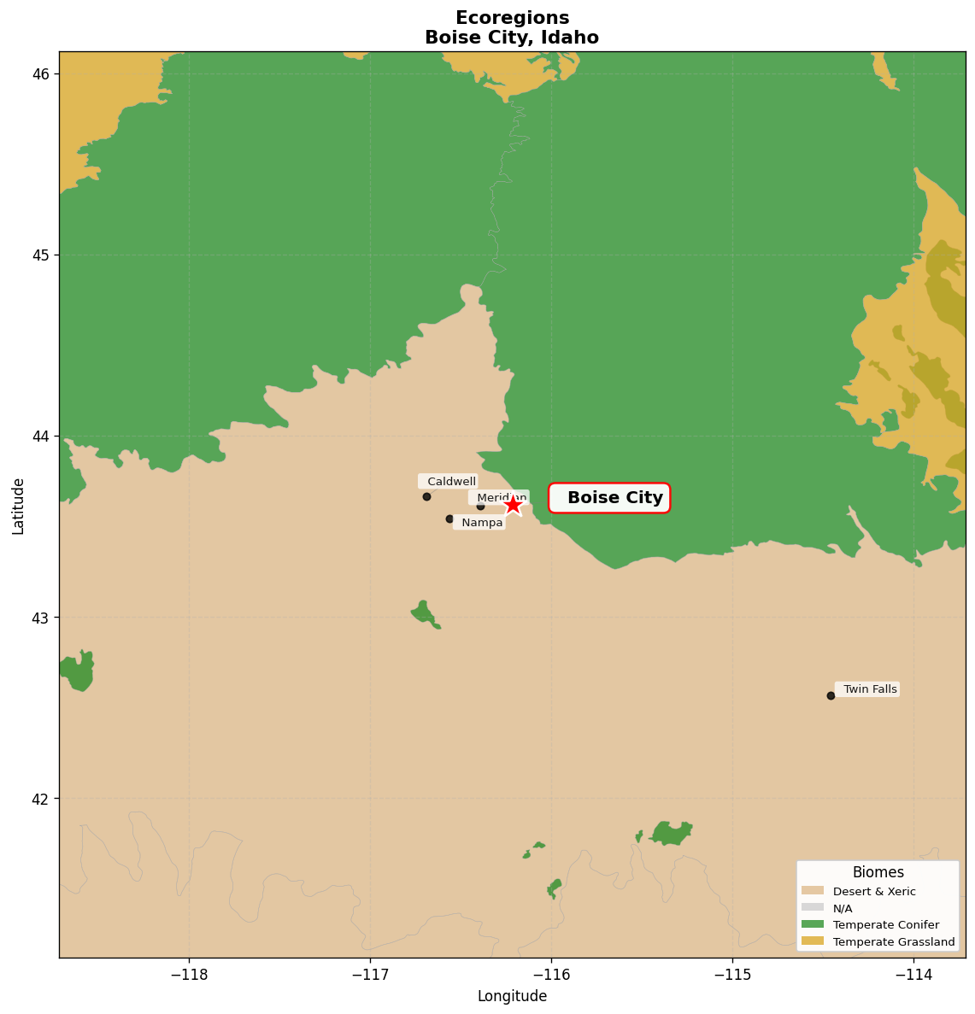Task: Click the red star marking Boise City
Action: pyautogui.click(x=513, y=505)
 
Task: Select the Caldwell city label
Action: pyautogui.click(x=448, y=482)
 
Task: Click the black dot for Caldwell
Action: pyautogui.click(x=426, y=496)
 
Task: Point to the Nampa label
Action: pyautogui.click(x=479, y=523)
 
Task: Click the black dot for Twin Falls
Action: pyautogui.click(x=831, y=695)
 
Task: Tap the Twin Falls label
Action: pyautogui.click(x=867, y=689)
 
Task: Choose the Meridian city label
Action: pyautogui.click(x=499, y=497)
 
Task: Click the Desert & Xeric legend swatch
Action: pyautogui.click(x=813, y=891)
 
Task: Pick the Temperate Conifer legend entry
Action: pyautogui.click(x=885, y=924)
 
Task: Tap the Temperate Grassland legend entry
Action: pyautogui.click(x=893, y=941)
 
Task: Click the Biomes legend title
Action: pyautogui.click(x=878, y=872)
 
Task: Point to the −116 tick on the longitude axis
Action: pyautogui.click(x=551, y=974)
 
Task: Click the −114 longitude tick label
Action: pyautogui.click(x=913, y=974)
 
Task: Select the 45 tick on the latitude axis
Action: pyautogui.click(x=40, y=255)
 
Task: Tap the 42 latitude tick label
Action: pyautogui.click(x=40, y=799)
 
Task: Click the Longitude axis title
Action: pyautogui.click(x=512, y=996)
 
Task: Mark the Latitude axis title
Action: pyautogui.click(x=18, y=506)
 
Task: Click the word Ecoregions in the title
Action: pyautogui.click(x=512, y=18)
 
